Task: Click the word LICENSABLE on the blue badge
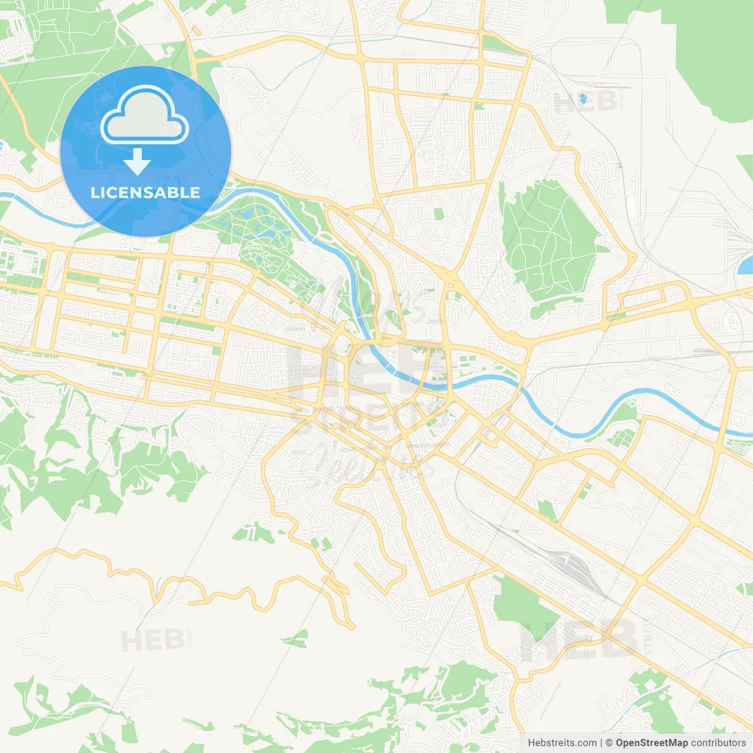pyautogui.click(x=145, y=192)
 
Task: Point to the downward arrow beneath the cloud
pyautogui.click(x=137, y=162)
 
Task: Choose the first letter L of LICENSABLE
pyautogui.click(x=94, y=192)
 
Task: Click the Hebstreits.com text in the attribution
pyautogui.click(x=562, y=743)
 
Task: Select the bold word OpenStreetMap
pyautogui.click(x=651, y=743)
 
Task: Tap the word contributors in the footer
pyautogui.click(x=718, y=743)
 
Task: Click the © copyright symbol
pyautogui.click(x=609, y=743)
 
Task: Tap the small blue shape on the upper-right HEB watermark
pyautogui.click(x=583, y=98)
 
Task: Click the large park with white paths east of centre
pyautogui.click(x=547, y=241)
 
